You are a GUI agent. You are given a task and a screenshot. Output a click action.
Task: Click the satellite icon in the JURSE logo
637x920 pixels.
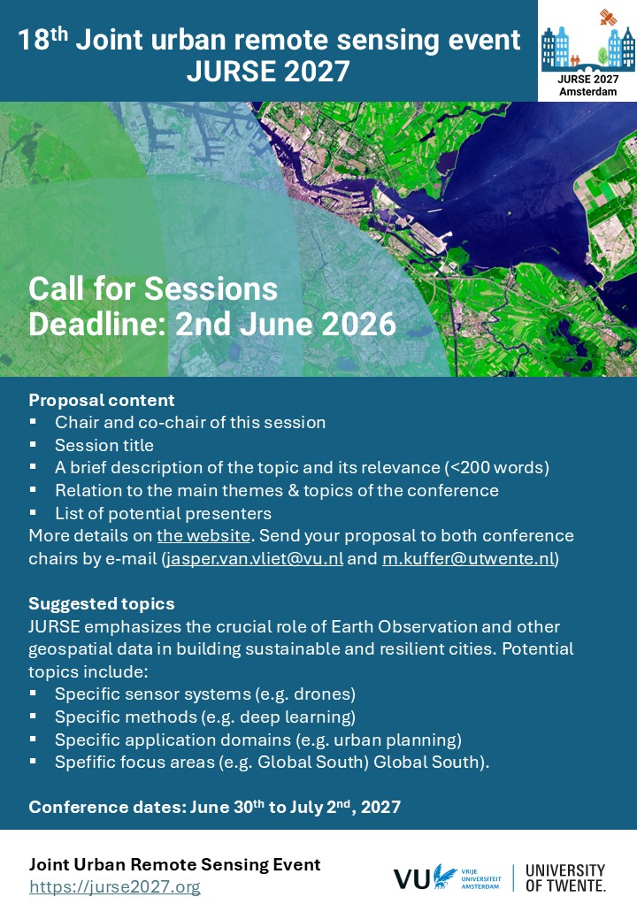[x=609, y=17]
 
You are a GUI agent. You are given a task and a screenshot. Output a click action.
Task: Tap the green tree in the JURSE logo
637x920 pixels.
[x=602, y=57]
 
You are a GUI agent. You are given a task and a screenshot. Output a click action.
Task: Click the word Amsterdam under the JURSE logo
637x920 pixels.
[x=587, y=91]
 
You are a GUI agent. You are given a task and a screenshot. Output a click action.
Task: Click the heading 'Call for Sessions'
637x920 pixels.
[x=153, y=289]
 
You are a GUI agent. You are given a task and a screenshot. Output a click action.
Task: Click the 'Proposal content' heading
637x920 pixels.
[x=102, y=400]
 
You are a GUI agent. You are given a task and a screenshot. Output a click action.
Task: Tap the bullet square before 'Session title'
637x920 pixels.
[x=33, y=444]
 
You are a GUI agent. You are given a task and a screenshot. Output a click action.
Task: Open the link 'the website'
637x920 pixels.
[x=203, y=536]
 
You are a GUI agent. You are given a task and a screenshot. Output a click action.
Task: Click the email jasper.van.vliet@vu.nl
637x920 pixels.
[x=255, y=558]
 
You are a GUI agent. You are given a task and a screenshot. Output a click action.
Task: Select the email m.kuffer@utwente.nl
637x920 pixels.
[x=469, y=558]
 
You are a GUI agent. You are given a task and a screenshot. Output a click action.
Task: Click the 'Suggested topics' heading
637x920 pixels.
[x=102, y=603]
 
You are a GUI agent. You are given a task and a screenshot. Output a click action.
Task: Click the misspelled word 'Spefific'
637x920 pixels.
[x=88, y=763]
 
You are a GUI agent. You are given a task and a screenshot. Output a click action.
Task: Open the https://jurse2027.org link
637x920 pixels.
[x=115, y=886]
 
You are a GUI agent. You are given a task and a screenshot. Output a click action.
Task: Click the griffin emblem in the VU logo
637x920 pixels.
[x=445, y=877]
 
